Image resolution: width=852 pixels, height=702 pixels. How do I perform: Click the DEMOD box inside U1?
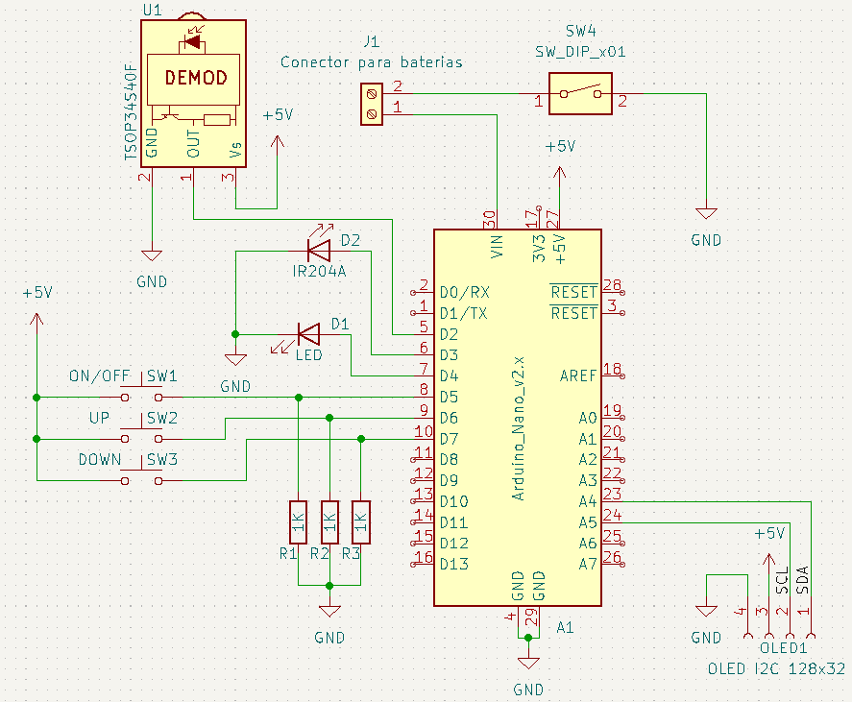pos(195,78)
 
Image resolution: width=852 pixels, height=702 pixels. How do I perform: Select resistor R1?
pos(299,524)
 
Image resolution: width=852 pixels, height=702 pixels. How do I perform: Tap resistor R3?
pos(361,524)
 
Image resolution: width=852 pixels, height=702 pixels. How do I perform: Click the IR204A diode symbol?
pos(318,251)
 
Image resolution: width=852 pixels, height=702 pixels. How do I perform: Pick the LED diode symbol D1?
pos(308,334)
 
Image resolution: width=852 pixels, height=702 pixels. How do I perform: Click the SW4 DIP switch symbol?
pos(581,93)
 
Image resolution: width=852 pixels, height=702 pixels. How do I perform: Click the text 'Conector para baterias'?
pos(371,62)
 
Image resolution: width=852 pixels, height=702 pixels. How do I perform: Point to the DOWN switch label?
pos(100,460)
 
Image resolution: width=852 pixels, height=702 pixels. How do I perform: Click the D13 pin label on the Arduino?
pos(454,564)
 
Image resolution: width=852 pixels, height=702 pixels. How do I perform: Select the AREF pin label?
pos(578,375)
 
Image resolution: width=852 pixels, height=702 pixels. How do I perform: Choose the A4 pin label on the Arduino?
pos(588,501)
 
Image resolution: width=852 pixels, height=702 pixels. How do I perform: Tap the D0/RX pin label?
pos(464,292)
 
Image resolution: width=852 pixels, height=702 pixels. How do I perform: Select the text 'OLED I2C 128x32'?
pos(776,668)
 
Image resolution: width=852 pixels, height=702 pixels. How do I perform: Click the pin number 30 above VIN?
pos(489,217)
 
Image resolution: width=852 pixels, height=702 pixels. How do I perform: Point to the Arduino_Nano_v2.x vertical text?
pos(518,428)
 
